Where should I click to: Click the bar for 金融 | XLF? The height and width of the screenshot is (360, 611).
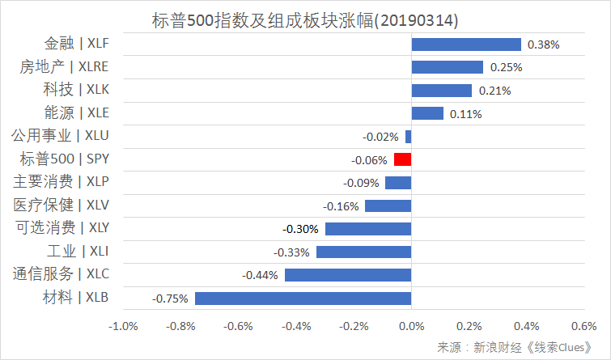(466, 44)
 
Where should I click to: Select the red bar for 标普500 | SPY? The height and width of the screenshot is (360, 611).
(403, 159)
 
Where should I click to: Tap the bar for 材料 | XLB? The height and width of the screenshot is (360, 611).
(303, 299)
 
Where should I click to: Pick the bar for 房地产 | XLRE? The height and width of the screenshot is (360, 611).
(448, 67)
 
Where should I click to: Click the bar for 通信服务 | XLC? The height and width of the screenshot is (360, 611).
(348, 275)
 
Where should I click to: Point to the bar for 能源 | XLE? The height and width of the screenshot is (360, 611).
(427, 113)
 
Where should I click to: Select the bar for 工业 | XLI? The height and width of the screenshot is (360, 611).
(364, 252)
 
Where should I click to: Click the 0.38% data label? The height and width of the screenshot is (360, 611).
(543, 44)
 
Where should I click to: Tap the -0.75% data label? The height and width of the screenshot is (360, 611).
(170, 299)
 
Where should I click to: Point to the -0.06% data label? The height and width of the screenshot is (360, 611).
(370, 159)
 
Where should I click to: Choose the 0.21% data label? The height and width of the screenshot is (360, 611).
(494, 91)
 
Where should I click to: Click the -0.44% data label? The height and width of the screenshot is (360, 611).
(260, 275)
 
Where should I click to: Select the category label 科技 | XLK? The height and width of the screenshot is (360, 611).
(75, 90)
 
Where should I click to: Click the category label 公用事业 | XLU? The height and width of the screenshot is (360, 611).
(57, 136)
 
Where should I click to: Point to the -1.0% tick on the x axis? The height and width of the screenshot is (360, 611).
(123, 327)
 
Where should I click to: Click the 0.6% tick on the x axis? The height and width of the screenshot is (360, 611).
(583, 327)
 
